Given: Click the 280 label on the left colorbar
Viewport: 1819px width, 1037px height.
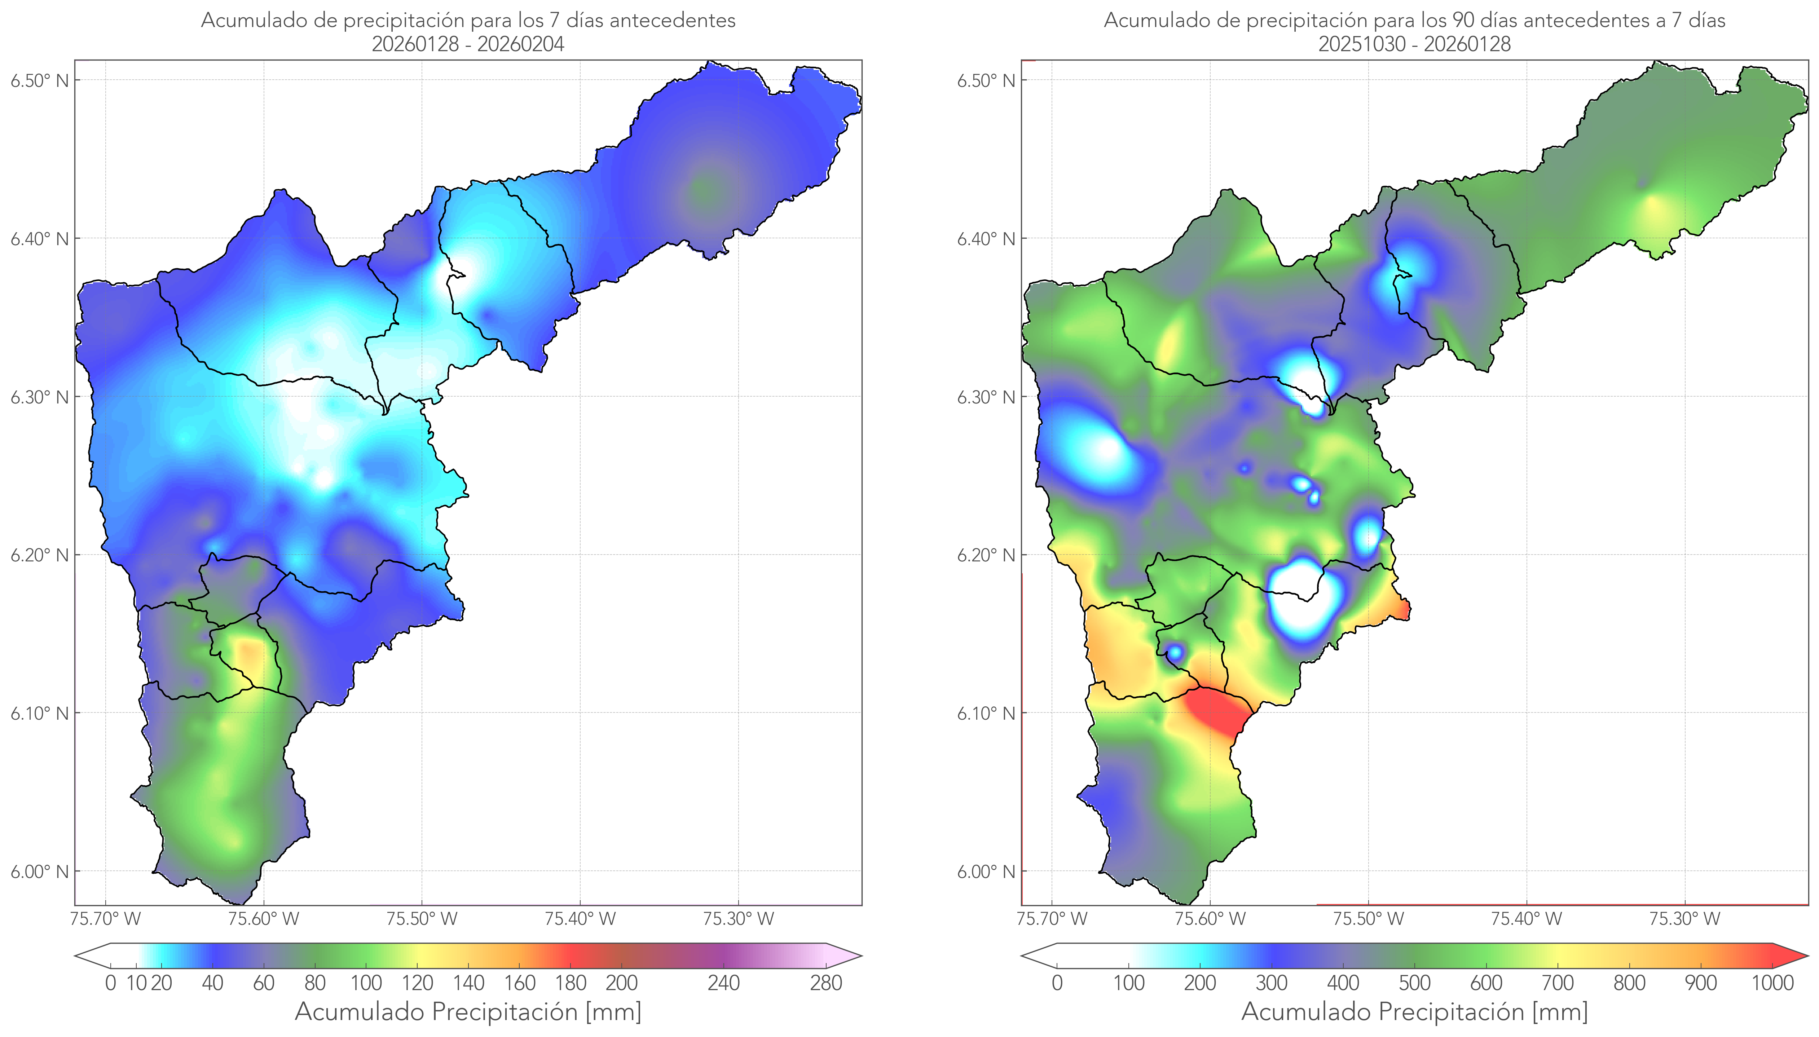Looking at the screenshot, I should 826,984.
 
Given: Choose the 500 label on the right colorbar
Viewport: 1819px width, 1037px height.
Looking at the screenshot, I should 1414,984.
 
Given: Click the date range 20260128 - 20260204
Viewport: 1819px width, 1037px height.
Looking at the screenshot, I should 468,44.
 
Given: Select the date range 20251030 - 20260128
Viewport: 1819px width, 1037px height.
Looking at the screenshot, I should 1414,44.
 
